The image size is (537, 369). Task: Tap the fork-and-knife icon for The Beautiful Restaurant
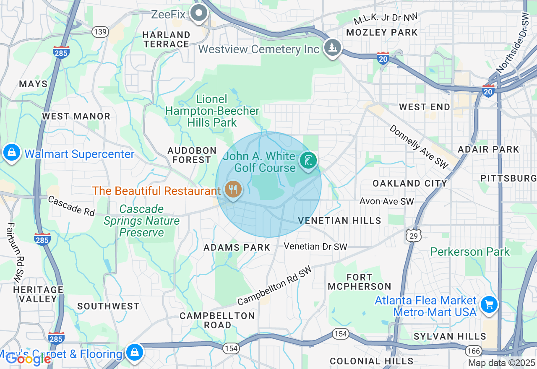point(232,190)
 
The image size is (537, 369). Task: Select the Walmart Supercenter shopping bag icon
point(12,153)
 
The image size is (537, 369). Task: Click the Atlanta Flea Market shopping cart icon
point(489,304)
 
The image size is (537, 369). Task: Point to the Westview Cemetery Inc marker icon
point(333,47)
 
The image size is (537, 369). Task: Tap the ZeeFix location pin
point(199,13)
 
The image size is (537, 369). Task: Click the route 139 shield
point(101,32)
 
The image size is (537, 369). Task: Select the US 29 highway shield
point(414,236)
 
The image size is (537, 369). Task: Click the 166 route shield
point(474,350)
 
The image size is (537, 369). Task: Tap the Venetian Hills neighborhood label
point(339,221)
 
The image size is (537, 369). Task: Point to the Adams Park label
point(237,247)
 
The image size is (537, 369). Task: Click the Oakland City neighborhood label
point(410,183)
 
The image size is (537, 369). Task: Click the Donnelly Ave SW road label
point(418,147)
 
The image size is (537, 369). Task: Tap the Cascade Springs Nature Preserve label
point(141,221)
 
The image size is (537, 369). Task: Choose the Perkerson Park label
point(470,252)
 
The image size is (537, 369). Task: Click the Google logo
point(28,359)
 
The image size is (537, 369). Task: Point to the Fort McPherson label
point(359,282)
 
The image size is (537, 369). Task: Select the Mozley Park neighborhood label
point(382,32)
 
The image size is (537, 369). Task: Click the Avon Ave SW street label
point(386,201)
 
